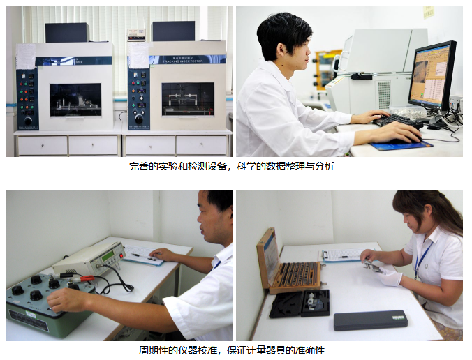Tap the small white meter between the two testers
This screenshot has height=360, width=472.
pos(136,34)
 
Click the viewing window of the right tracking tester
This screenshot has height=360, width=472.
pos(188,98)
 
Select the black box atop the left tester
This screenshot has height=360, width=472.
pos(67,32)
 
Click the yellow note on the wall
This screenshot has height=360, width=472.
pos(428,12)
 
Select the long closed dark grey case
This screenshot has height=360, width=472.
pos(370,320)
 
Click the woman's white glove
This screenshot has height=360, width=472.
pos(390,276)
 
